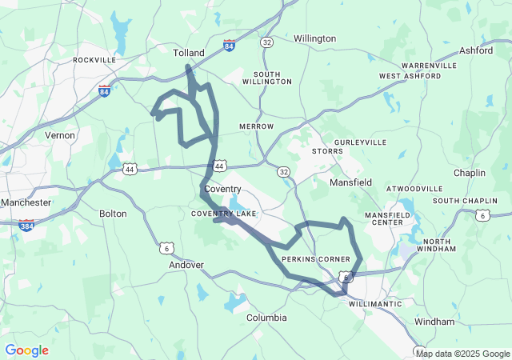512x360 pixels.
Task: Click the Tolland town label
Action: coord(189,53)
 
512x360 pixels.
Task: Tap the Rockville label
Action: coord(94,60)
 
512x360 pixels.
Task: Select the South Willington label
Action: coord(266,77)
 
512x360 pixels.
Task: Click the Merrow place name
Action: coord(256,126)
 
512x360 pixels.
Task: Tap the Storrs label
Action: coord(327,150)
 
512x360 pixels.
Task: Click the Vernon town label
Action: coord(60,135)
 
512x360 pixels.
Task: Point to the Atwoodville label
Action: coord(414,189)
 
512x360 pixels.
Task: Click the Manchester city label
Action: coord(26,202)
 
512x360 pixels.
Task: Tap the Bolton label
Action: coord(113,214)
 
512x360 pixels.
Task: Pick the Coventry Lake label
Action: coord(223,214)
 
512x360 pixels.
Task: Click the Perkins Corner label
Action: coord(316,260)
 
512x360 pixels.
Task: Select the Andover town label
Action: coord(186,265)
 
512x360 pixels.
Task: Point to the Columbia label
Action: coord(266,318)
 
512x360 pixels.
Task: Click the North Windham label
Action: coord(442,246)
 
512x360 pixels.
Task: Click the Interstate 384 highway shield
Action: coord(26,226)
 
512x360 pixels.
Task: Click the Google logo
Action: coord(26,350)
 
